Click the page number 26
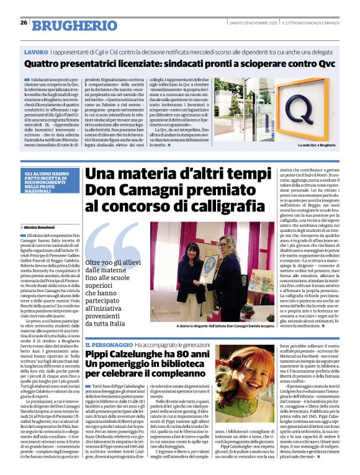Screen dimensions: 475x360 (x=24, y=23)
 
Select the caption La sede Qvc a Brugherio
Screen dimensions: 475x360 (x=321, y=144)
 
